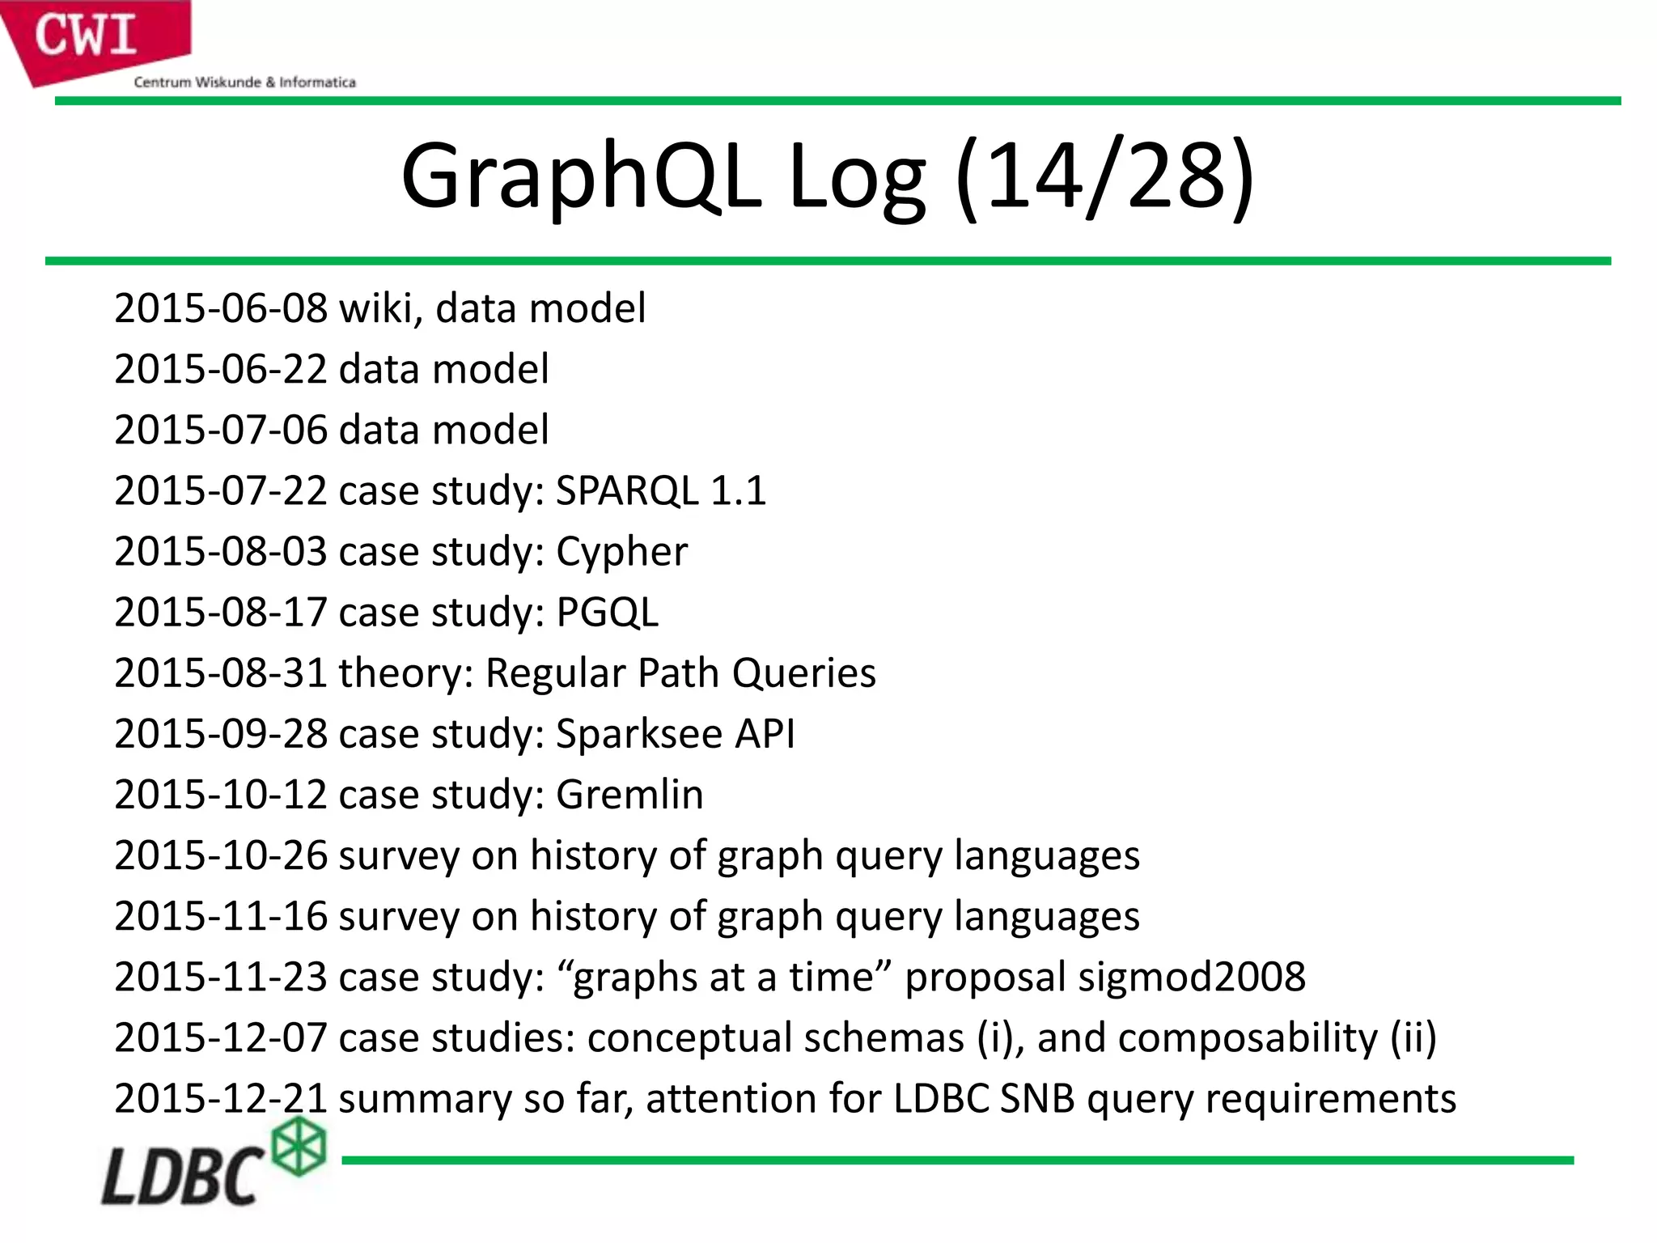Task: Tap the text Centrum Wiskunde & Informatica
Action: [x=244, y=82]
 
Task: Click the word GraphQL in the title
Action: [x=581, y=176]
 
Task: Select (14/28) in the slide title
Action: [x=1104, y=176]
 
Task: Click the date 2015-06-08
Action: [x=221, y=308]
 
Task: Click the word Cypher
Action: [x=621, y=552]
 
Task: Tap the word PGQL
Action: [x=607, y=613]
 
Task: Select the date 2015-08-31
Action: [x=221, y=673]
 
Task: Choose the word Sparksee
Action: [x=639, y=734]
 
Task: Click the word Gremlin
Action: [x=629, y=795]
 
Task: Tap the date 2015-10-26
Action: [x=221, y=855]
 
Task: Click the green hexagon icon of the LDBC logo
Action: [x=299, y=1146]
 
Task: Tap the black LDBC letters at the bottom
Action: [x=182, y=1175]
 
